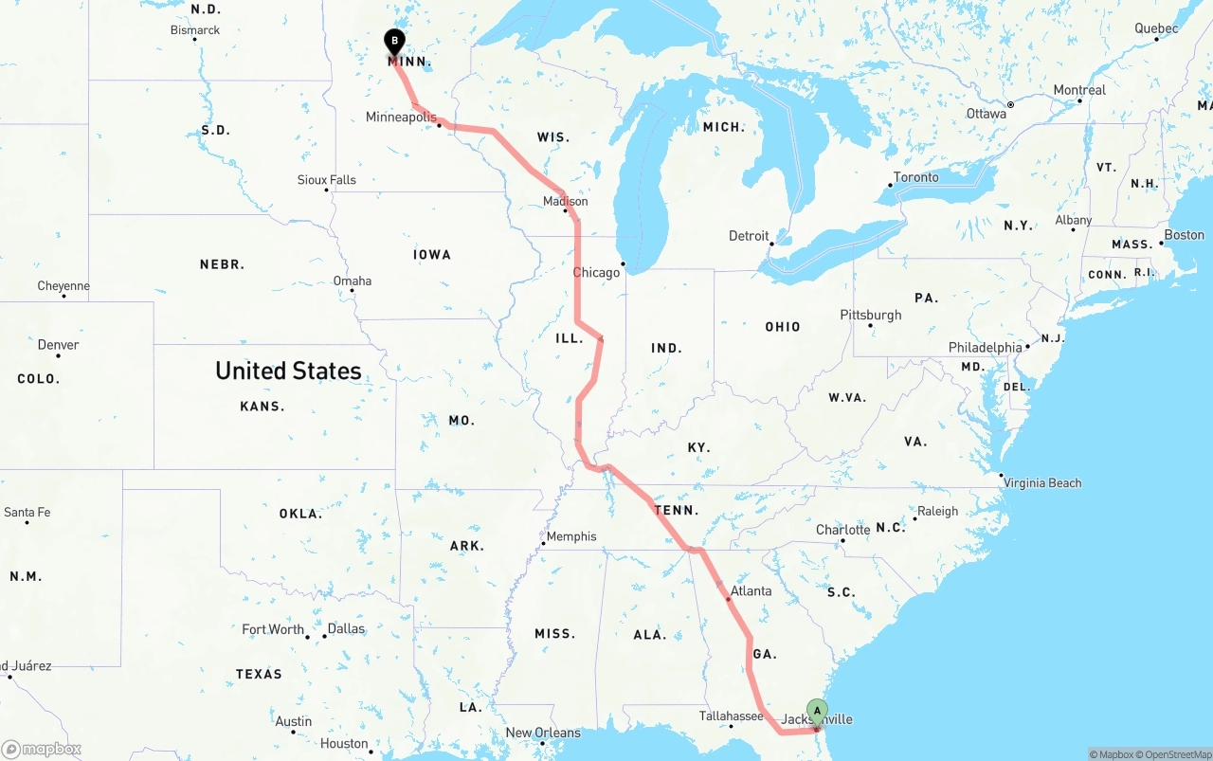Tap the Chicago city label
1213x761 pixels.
pyautogui.click(x=596, y=273)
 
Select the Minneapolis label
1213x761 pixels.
pyautogui.click(x=402, y=118)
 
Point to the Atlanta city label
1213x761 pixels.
pyautogui.click(x=751, y=590)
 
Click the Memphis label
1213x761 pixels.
pyautogui.click(x=571, y=536)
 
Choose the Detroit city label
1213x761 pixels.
pyautogui.click(x=749, y=236)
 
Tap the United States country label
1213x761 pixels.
pyautogui.click(x=288, y=371)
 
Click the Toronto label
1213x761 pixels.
pyautogui.click(x=916, y=177)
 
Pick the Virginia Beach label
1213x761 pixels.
pyautogui.click(x=1042, y=483)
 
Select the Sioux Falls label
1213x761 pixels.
pyautogui.click(x=327, y=180)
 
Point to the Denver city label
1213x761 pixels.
pyautogui.click(x=59, y=345)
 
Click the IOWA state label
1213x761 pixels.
pyautogui.click(x=432, y=255)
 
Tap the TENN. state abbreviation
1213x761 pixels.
pyautogui.click(x=677, y=511)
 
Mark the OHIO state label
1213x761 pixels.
pyautogui.click(x=783, y=327)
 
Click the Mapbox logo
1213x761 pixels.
pyautogui.click(x=42, y=749)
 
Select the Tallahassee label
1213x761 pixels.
pyautogui.click(x=731, y=716)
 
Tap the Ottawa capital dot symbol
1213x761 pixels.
pyautogui.click(x=1011, y=105)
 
